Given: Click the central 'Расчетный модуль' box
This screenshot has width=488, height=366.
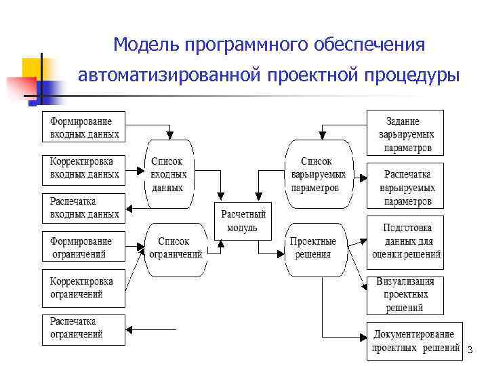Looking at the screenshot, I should click(x=242, y=221).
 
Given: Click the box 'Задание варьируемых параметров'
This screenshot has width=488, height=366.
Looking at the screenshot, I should click(x=407, y=134).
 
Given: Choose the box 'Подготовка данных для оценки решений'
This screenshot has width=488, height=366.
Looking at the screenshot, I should click(x=406, y=241).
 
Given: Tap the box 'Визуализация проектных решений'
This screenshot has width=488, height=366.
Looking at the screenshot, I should click(x=406, y=295).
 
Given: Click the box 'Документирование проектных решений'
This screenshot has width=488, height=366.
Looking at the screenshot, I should click(x=413, y=340).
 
